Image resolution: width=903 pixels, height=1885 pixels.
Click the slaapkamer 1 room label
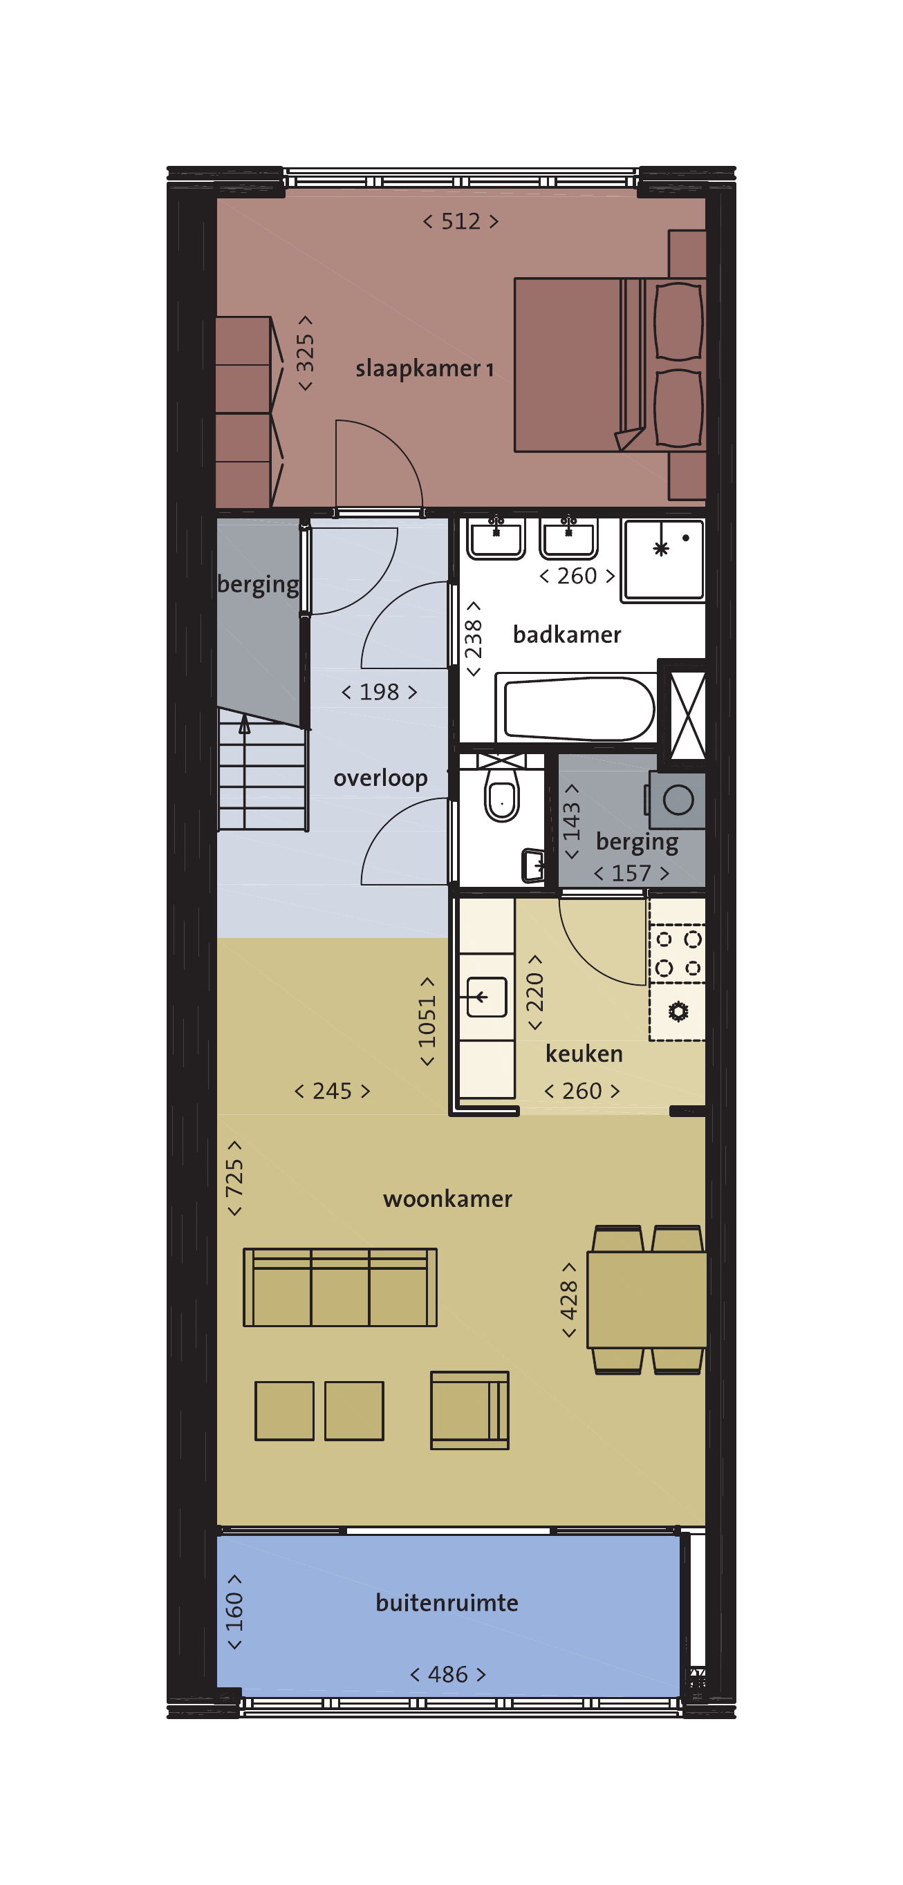pyautogui.click(x=425, y=368)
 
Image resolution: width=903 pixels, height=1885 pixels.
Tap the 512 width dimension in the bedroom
pyautogui.click(x=461, y=221)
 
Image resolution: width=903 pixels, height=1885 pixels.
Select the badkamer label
pyautogui.click(x=567, y=635)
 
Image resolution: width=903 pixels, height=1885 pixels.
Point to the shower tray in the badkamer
pyautogui.click(x=663, y=560)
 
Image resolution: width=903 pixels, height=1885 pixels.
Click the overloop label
pyautogui.click(x=380, y=778)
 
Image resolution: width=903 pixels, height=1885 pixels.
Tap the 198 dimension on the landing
pyautogui.click(x=379, y=691)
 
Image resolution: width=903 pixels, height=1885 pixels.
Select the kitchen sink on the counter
pyautogui.click(x=487, y=997)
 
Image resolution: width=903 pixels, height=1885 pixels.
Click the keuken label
pyautogui.click(x=584, y=1053)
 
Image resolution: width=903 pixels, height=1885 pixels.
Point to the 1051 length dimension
pyautogui.click(x=427, y=1021)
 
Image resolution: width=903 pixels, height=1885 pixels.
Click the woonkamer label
pyautogui.click(x=447, y=1199)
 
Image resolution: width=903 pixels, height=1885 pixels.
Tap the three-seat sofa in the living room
pyautogui.click(x=340, y=1287)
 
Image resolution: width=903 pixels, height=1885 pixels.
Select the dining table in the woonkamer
pyautogui.click(x=647, y=1300)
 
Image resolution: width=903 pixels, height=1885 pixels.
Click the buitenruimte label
pyautogui.click(x=447, y=1602)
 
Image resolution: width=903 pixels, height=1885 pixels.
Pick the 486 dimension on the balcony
pyautogui.click(x=448, y=1674)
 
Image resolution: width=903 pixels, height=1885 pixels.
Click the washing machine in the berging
pyautogui.click(x=677, y=800)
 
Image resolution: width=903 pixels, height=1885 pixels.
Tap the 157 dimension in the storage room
pyautogui.click(x=631, y=873)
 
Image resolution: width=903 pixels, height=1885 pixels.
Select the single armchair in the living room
pyautogui.click(x=469, y=1410)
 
